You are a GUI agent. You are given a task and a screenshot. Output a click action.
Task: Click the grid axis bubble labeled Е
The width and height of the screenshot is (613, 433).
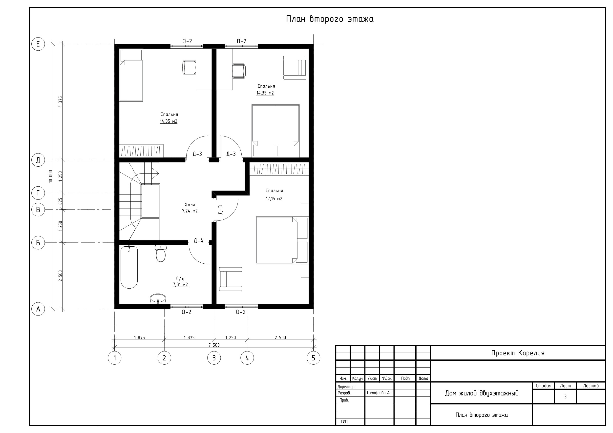38,44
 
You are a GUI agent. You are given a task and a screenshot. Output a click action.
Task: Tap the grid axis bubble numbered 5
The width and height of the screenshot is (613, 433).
314,358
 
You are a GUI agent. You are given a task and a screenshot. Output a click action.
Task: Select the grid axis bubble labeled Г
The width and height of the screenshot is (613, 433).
38,193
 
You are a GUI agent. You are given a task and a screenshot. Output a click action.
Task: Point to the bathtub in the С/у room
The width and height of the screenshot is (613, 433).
129,267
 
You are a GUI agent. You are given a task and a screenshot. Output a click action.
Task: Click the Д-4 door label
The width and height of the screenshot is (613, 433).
198,241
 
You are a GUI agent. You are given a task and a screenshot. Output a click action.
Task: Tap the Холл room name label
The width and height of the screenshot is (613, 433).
190,205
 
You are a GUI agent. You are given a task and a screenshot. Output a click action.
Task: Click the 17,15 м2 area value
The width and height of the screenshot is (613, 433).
274,198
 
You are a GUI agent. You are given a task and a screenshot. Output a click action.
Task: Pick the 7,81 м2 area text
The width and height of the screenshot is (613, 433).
180,284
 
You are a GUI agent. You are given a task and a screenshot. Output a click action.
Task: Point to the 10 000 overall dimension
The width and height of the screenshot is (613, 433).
51,176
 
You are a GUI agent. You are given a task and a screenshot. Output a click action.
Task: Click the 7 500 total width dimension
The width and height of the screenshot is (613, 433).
214,345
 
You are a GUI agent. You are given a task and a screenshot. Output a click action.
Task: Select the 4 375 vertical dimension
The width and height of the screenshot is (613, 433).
60,102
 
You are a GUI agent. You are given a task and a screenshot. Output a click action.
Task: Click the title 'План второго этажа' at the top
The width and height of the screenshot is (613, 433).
330,19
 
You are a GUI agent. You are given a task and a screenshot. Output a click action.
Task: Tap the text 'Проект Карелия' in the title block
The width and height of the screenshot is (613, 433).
518,353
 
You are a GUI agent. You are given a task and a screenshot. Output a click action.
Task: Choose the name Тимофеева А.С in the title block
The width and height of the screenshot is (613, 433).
379,393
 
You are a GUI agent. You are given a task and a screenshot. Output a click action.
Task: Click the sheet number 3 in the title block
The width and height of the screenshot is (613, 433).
565,397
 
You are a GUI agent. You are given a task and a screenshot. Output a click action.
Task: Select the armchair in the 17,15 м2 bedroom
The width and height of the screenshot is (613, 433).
231,279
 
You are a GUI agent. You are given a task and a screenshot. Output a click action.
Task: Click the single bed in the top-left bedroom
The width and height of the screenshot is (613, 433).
131,76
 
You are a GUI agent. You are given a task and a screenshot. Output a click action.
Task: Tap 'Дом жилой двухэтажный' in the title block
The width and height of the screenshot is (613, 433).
482,393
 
